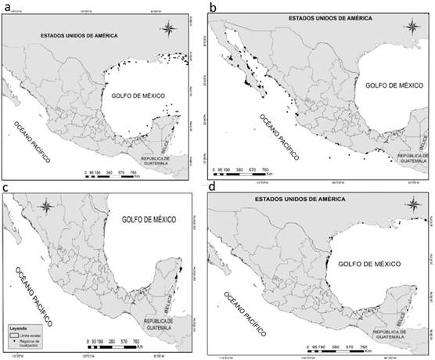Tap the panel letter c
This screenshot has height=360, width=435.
coord(6,189)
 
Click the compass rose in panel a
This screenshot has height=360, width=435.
coord(171,30)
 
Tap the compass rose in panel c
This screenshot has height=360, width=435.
coord(47,209)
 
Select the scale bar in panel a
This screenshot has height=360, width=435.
coord(110,170)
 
